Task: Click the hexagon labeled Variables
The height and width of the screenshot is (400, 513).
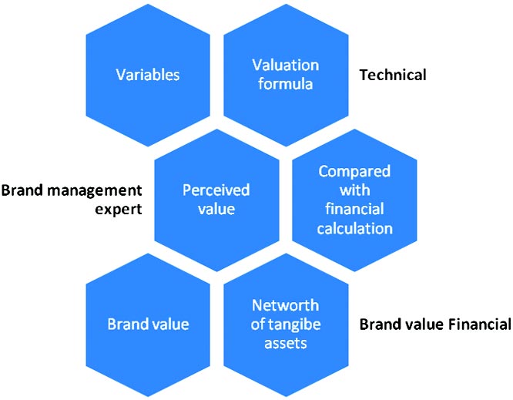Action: pyautogui.click(x=148, y=76)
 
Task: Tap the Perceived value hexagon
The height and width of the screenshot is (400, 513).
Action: pyautogui.click(x=216, y=199)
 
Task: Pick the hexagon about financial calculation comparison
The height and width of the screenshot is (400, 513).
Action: pyautogui.click(x=355, y=199)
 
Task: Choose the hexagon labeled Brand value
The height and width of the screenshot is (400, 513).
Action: pyautogui.click(x=148, y=324)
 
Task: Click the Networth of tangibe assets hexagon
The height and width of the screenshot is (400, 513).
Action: pyautogui.click(x=285, y=324)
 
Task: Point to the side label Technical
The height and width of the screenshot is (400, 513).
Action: pyautogui.click(x=392, y=75)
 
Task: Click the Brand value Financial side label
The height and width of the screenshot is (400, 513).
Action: pyautogui.click(x=434, y=324)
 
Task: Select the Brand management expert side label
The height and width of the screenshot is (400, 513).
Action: pyautogui.click(x=72, y=199)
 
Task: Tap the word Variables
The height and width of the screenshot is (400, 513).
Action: pyautogui.click(x=148, y=76)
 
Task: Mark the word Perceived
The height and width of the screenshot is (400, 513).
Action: pyautogui.click(x=216, y=190)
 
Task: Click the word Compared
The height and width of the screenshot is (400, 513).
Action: pyautogui.click(x=355, y=171)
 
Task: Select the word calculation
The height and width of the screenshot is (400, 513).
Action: pyautogui.click(x=355, y=228)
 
